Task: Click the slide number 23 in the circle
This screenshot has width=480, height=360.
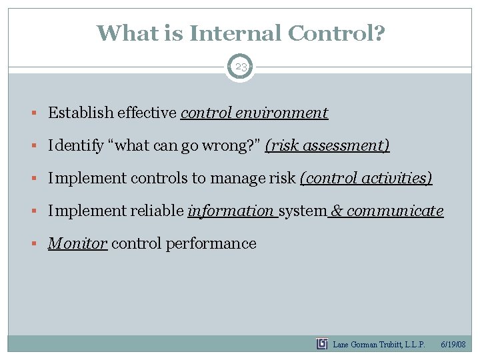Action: [240, 67]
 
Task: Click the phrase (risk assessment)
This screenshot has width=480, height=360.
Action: [327, 145]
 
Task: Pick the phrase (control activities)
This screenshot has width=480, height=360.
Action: [366, 178]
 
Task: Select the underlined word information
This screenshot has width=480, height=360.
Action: [231, 211]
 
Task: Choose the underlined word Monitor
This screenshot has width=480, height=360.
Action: [77, 243]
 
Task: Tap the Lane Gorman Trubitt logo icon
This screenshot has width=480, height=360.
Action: [322, 344]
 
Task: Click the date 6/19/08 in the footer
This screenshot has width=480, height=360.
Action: [454, 345]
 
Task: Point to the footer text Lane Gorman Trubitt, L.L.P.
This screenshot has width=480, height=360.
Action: [379, 345]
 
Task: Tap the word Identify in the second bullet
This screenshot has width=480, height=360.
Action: [71, 145]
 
